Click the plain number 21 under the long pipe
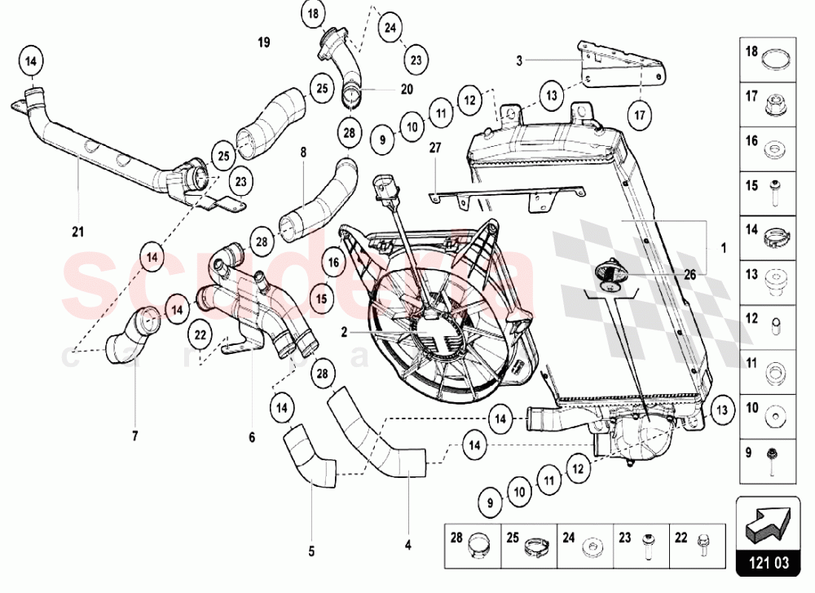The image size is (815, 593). [77, 232]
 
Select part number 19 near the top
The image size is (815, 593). [262, 42]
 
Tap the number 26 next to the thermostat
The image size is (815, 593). [689, 275]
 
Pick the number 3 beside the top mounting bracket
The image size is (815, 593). [518, 60]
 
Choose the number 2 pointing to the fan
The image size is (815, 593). [345, 332]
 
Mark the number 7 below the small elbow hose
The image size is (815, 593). [135, 436]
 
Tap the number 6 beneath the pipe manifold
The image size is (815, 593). [252, 438]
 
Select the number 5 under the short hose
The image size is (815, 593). [311, 551]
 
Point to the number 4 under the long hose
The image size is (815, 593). [407, 544]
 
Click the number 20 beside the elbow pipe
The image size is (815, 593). [407, 89]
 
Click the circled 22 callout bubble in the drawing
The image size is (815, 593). [199, 332]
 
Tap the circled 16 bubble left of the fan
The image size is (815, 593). [333, 263]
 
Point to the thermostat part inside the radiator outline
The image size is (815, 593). [607, 274]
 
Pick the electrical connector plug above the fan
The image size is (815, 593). [385, 188]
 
